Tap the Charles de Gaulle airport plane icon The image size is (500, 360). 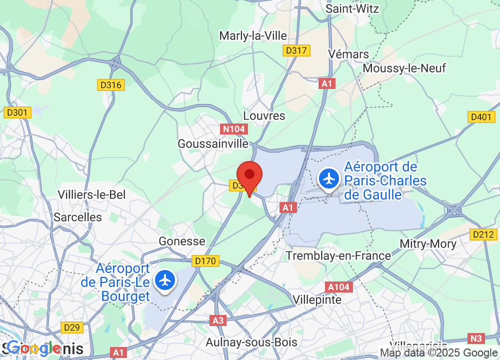(329, 178)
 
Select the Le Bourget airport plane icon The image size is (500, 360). (165, 280)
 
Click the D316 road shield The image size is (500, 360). (111, 85)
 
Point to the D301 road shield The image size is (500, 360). (18, 112)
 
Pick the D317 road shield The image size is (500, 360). (296, 50)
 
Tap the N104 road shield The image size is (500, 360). (233, 129)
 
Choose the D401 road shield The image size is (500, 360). (481, 116)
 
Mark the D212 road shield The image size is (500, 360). (483, 234)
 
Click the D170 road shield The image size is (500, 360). (205, 260)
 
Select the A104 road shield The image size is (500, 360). (339, 287)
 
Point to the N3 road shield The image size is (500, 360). (477, 338)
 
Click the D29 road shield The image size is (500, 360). (71, 327)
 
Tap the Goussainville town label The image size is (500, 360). (213, 143)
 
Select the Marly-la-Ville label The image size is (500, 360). (253, 35)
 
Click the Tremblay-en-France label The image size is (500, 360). (338, 256)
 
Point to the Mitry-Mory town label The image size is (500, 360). (428, 244)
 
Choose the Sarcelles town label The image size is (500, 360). (77, 217)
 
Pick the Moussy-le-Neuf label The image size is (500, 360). (404, 68)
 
